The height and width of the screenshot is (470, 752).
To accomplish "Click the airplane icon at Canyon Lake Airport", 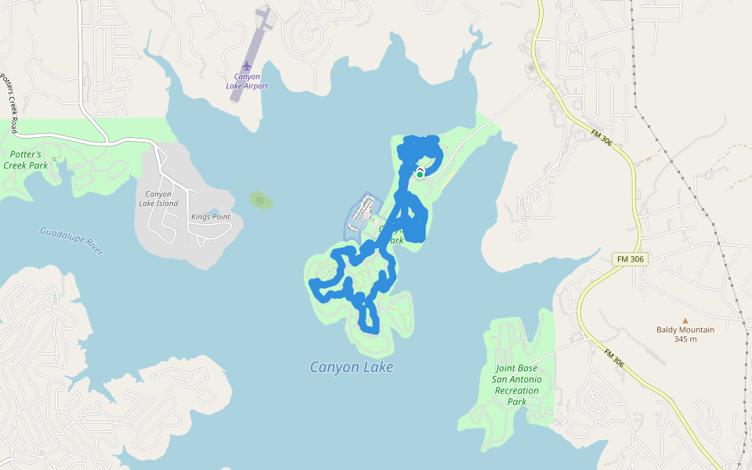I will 248,64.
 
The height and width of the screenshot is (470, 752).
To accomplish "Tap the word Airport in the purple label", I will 255,86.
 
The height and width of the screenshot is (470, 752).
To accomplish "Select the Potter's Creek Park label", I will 25,160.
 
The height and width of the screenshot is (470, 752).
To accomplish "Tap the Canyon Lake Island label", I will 158,199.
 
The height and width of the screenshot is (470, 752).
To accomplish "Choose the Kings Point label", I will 211,216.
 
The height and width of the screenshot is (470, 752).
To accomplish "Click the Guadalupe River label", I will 71,240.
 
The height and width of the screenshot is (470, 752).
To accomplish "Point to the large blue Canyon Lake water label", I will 352,367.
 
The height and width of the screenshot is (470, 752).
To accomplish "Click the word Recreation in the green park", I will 517,390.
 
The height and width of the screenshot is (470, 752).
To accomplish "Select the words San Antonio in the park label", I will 516,379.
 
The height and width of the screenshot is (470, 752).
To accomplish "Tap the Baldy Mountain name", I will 685,330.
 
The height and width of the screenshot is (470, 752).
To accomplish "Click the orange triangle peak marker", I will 685,320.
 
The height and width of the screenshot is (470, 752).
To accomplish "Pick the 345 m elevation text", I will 685,339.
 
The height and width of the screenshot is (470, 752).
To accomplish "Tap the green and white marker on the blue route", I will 420,175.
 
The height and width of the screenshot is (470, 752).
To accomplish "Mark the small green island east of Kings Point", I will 261,200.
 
